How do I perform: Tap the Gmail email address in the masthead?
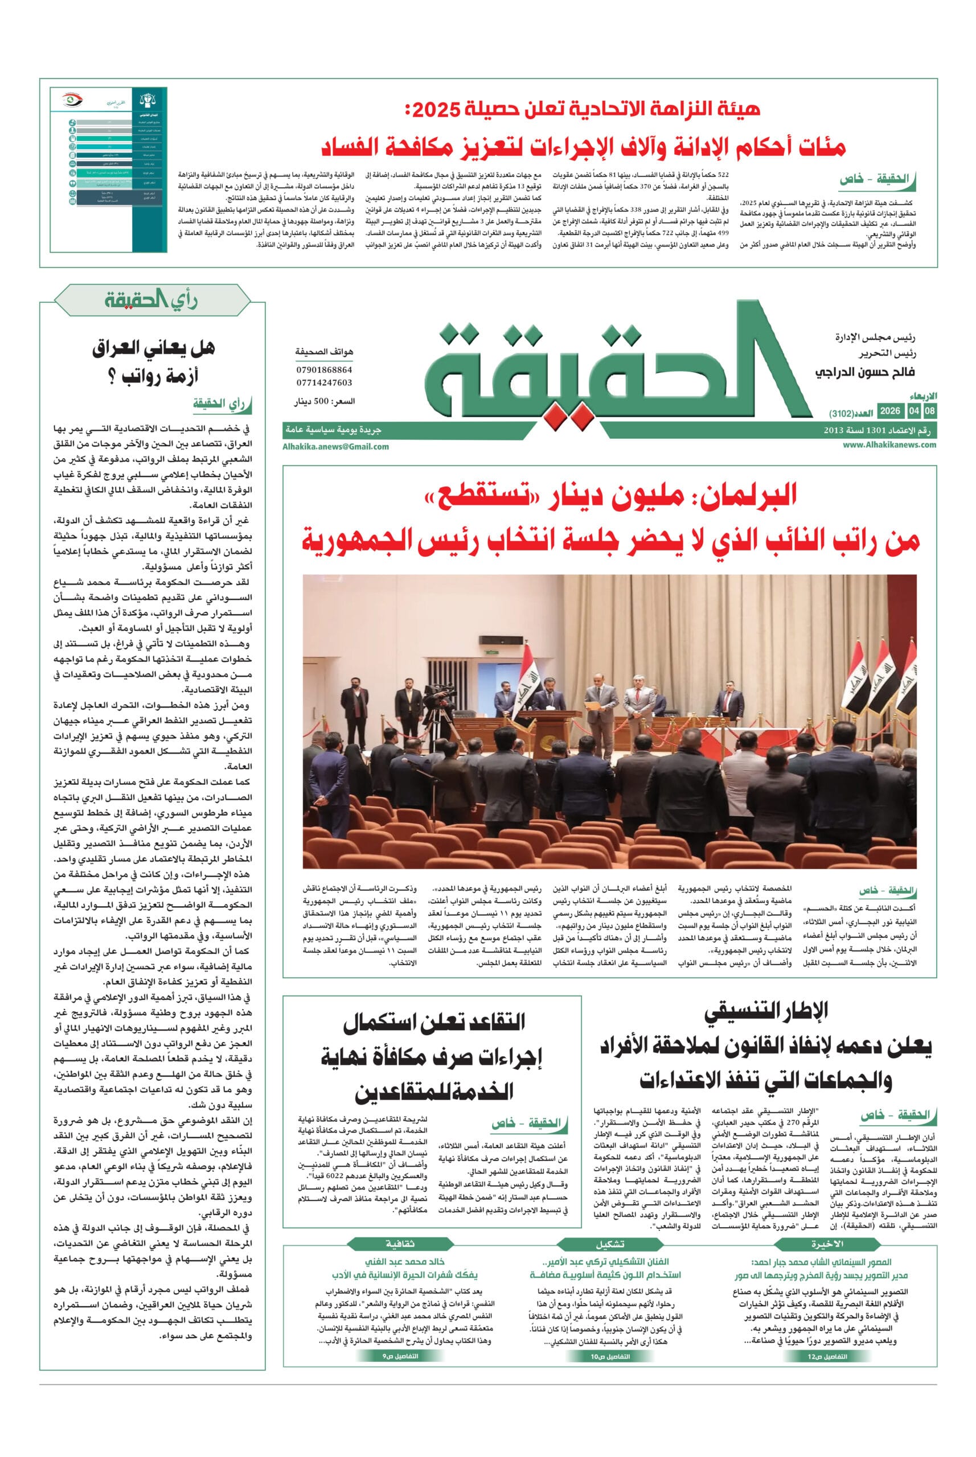click(335, 446)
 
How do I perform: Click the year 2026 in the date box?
click(889, 411)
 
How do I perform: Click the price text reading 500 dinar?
click(325, 402)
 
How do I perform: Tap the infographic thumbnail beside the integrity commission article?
click(109, 169)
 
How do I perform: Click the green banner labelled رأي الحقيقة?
click(152, 301)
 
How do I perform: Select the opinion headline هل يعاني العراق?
click(153, 349)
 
